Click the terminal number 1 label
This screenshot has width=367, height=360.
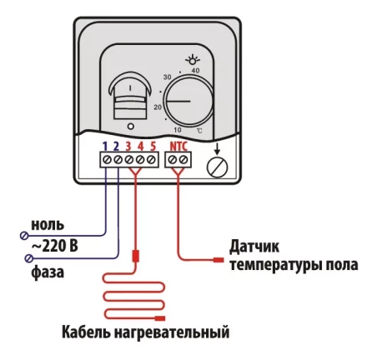click(106, 147)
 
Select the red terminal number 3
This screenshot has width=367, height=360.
click(129, 147)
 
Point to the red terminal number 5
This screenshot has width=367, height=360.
click(153, 147)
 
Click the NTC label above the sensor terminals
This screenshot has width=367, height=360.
click(178, 147)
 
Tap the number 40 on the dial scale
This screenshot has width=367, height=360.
click(195, 72)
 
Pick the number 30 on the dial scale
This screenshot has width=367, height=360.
click(167, 77)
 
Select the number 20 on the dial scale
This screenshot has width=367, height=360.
click(158, 107)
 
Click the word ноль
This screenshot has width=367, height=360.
click(47, 224)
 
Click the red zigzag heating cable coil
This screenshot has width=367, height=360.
click(133, 296)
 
